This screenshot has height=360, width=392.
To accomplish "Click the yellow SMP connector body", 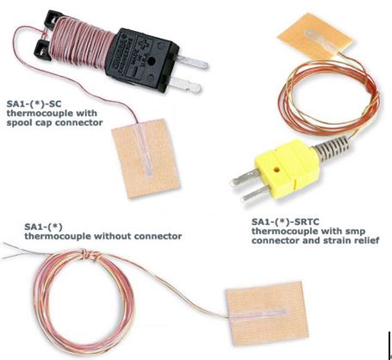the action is pos(286,166).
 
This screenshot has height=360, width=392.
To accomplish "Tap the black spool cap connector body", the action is pos(142,59).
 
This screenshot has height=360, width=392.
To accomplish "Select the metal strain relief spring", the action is pos(333,146).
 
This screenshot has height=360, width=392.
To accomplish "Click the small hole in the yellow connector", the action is pos(277,170).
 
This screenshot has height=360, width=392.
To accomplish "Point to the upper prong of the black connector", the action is pos(192,62).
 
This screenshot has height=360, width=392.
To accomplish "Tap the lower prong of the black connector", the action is pos(184,85).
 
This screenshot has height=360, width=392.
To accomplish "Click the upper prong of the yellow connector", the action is pos(245,177).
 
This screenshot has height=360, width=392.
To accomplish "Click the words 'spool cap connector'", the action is pos(54,122).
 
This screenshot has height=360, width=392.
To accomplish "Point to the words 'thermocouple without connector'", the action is pos(103,236).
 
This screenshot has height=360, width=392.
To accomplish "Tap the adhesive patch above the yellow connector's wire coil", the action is pos(315,36).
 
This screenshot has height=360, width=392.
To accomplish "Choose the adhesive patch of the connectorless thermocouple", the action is pos(267,313).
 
